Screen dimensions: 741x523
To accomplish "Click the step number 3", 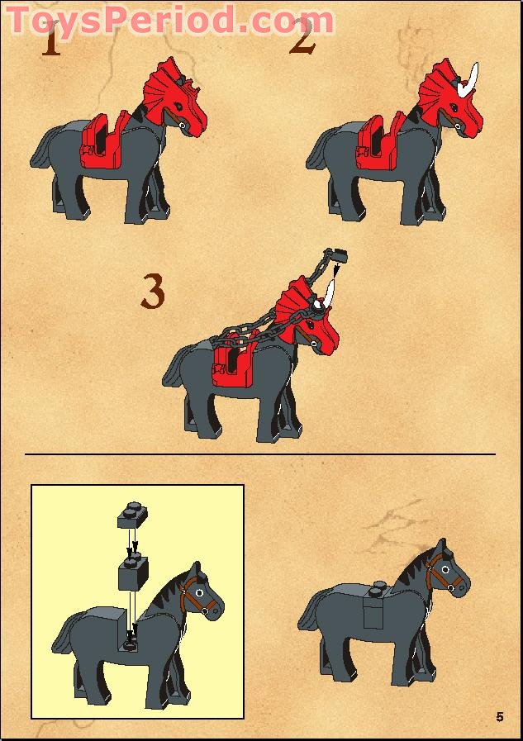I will tap(153, 292).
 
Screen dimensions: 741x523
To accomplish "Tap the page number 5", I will tap(500, 715).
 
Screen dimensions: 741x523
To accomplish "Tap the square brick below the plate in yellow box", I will tap(132, 573).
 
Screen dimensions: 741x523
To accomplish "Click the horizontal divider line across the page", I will tap(259, 454).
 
